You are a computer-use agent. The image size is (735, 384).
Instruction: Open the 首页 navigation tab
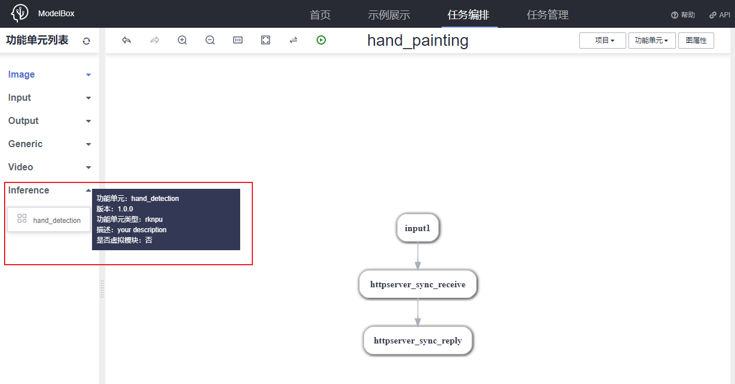point(320,14)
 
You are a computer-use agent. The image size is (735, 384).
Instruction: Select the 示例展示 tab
point(389,14)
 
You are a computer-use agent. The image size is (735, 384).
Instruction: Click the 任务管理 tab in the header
point(547,14)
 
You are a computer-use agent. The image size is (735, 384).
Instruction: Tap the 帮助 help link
point(683,15)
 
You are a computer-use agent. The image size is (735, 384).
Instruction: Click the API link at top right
point(720,15)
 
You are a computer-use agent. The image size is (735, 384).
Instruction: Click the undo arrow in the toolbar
point(127,40)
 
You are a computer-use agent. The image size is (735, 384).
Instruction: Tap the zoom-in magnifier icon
point(182,40)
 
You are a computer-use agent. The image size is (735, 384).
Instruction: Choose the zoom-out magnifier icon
point(210,40)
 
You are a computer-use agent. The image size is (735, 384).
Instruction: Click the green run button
point(321,40)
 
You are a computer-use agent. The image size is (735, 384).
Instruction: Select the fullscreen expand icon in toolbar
point(266,40)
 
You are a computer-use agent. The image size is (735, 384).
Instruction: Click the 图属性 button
point(696,41)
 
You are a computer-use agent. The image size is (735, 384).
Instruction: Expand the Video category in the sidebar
point(21,167)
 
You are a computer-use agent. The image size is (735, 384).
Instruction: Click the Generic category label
point(25,144)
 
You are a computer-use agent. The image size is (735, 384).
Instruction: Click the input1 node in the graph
point(417,228)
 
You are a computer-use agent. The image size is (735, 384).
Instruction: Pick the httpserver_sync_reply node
point(417,341)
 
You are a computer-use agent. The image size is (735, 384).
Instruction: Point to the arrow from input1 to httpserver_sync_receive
point(417,255)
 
